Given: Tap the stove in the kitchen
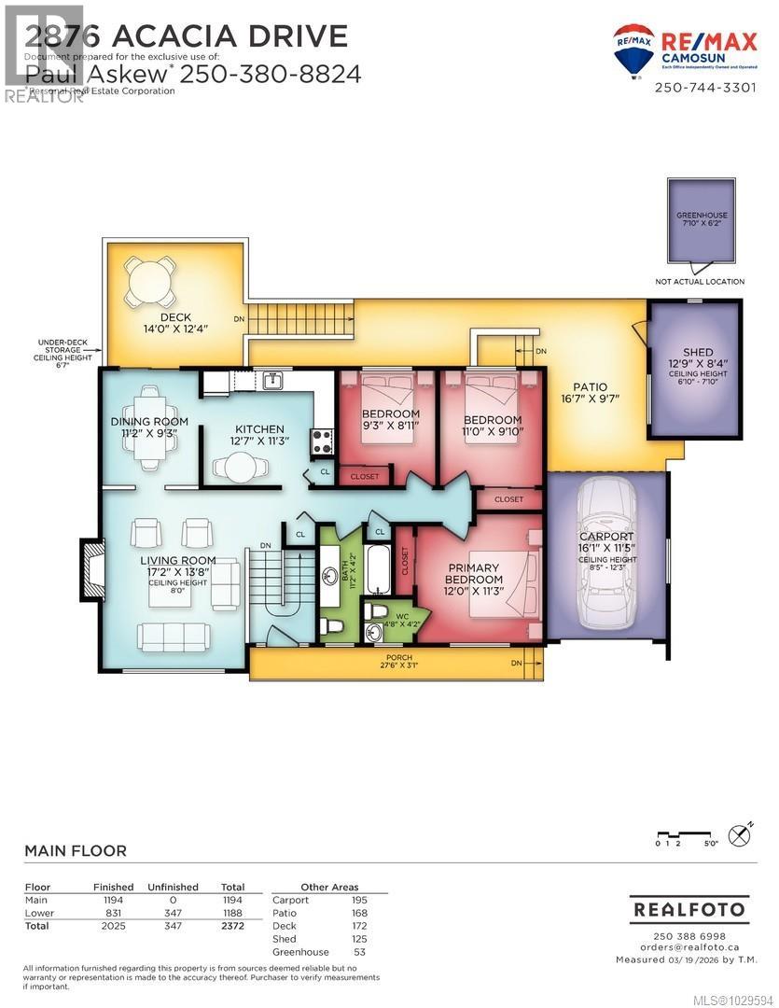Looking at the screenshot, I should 323,441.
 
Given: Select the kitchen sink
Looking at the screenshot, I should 272,381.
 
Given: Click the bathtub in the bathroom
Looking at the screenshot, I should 377,571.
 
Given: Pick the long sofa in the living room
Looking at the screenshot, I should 174,637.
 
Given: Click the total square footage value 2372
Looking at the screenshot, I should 232,926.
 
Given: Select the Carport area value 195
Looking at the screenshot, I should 358,900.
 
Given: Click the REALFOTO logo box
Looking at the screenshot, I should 689,908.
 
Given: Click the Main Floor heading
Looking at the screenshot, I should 75,851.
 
